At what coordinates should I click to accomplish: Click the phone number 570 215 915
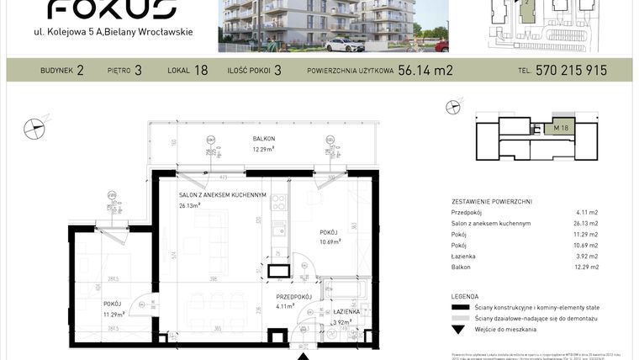point(571,71)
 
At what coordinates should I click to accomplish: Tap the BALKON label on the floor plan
point(264,139)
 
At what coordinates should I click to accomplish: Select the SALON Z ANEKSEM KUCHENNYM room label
point(222,195)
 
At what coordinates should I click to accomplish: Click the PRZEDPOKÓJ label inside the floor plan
point(294,297)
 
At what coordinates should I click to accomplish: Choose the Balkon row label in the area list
point(462,267)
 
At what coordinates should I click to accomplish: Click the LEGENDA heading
point(465,297)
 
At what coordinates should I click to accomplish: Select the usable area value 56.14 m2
point(425,71)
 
